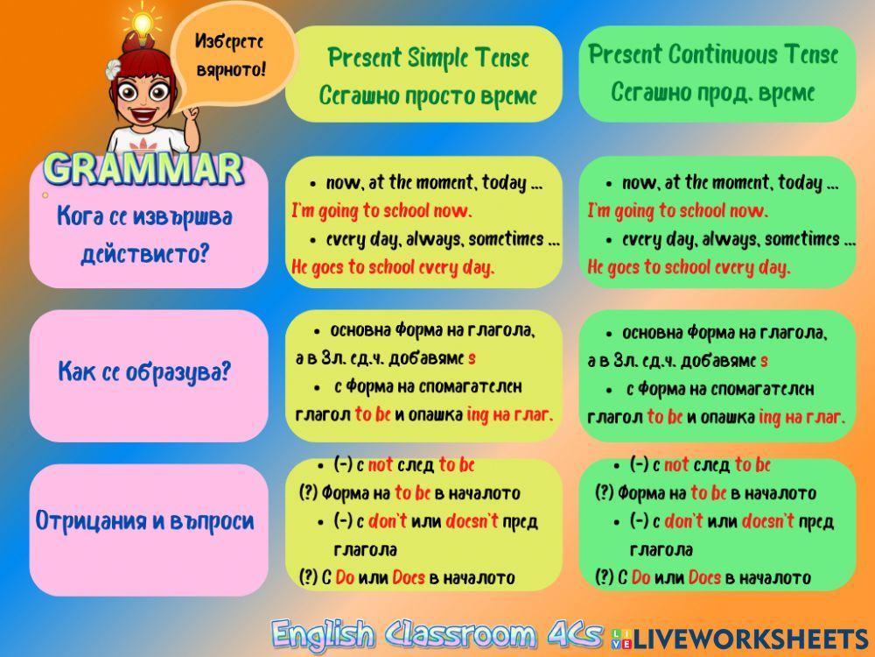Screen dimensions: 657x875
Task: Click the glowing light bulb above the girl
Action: coord(141,21)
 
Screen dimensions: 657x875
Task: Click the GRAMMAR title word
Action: coord(143,168)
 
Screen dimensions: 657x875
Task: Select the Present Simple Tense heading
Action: coord(428,59)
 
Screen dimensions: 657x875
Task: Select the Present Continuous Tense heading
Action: coord(713,55)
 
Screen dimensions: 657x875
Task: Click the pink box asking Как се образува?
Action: coord(145,372)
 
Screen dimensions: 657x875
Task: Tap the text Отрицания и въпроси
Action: coord(145,521)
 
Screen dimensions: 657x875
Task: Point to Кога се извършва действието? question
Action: coord(145,235)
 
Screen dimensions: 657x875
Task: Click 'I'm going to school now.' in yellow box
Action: coord(381,211)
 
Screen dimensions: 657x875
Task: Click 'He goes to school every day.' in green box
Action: coord(689,267)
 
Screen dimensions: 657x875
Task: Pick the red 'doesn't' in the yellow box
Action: coord(472,521)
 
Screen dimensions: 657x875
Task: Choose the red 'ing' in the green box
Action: coord(770,417)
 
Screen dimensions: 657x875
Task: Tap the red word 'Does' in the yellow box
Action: coord(409,577)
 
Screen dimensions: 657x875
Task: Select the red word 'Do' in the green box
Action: coord(640,577)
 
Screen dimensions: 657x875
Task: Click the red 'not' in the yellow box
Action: coord(381,465)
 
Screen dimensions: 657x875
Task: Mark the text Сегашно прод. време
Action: coord(713,92)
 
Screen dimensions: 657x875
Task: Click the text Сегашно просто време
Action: coord(428,95)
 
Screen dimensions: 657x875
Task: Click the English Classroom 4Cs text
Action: coord(437,633)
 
